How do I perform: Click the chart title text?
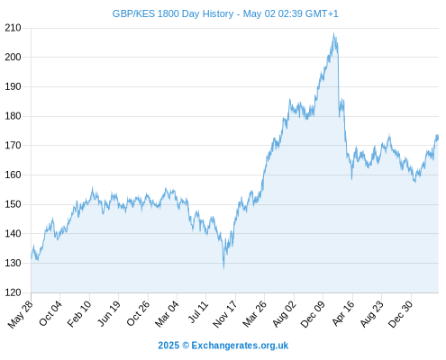point(225,13)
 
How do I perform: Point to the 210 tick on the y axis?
point(13,28)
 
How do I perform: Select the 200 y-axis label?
point(13,57)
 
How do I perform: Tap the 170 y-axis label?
point(13,146)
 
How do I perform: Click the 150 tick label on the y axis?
point(13,204)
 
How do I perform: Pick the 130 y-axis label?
point(13,263)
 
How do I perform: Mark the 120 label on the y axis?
point(13,292)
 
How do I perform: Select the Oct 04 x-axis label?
point(50,313)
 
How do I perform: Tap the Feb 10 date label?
point(79,314)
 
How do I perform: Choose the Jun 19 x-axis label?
point(109,314)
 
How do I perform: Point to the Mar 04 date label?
point(167,314)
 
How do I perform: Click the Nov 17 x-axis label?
point(224,314)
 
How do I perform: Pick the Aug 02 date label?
point(284,314)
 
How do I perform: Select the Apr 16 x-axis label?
point(343,313)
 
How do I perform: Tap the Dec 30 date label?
point(401,314)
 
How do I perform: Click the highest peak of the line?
point(333,33)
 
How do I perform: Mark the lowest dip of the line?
point(223,268)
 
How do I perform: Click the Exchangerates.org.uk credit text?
point(240,346)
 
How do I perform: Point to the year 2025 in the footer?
point(168,346)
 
